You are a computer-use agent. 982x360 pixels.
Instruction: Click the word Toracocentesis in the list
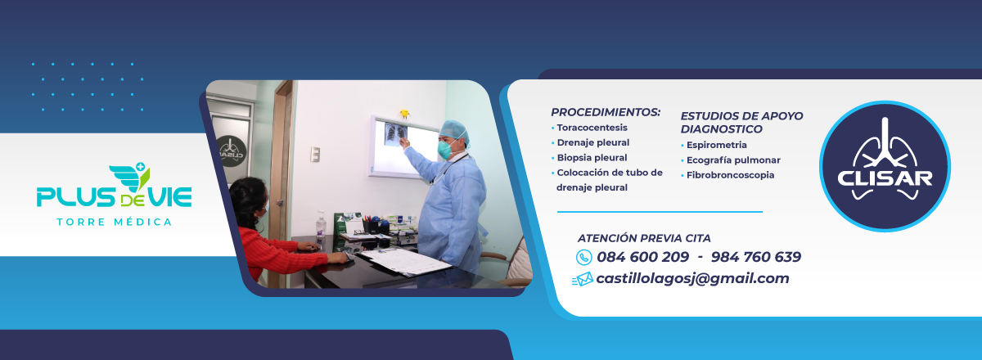tap(592, 128)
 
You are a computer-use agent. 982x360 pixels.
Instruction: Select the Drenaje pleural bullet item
tap(593, 142)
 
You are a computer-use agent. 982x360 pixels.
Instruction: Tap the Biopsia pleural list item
tap(592, 158)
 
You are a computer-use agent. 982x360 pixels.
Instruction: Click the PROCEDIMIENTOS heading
tap(606, 112)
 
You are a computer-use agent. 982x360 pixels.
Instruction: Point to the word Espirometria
tap(716, 145)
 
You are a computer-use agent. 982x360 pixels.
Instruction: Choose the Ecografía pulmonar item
tap(733, 160)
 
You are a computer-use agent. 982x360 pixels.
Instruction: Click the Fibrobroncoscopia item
tap(730, 175)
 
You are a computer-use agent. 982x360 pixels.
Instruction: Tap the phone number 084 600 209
tap(642, 257)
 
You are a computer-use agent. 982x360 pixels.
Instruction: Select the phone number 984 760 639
tap(756, 257)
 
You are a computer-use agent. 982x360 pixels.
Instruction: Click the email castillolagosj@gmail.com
tap(692, 278)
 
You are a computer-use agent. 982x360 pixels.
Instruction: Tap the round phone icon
tap(584, 258)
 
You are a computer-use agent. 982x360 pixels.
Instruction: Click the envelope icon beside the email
tap(583, 279)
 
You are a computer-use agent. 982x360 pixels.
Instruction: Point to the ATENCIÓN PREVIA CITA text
tap(644, 238)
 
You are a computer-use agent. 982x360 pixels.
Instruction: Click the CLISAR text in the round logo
tap(885, 178)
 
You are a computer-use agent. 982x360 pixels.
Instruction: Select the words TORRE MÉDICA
tap(115, 223)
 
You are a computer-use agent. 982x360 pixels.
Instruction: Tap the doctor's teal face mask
tap(444, 150)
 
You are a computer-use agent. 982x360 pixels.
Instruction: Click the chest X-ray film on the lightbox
tap(395, 133)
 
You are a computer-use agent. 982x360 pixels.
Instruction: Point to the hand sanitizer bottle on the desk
tap(321, 223)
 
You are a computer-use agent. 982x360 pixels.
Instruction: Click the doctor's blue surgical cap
tap(454, 131)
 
